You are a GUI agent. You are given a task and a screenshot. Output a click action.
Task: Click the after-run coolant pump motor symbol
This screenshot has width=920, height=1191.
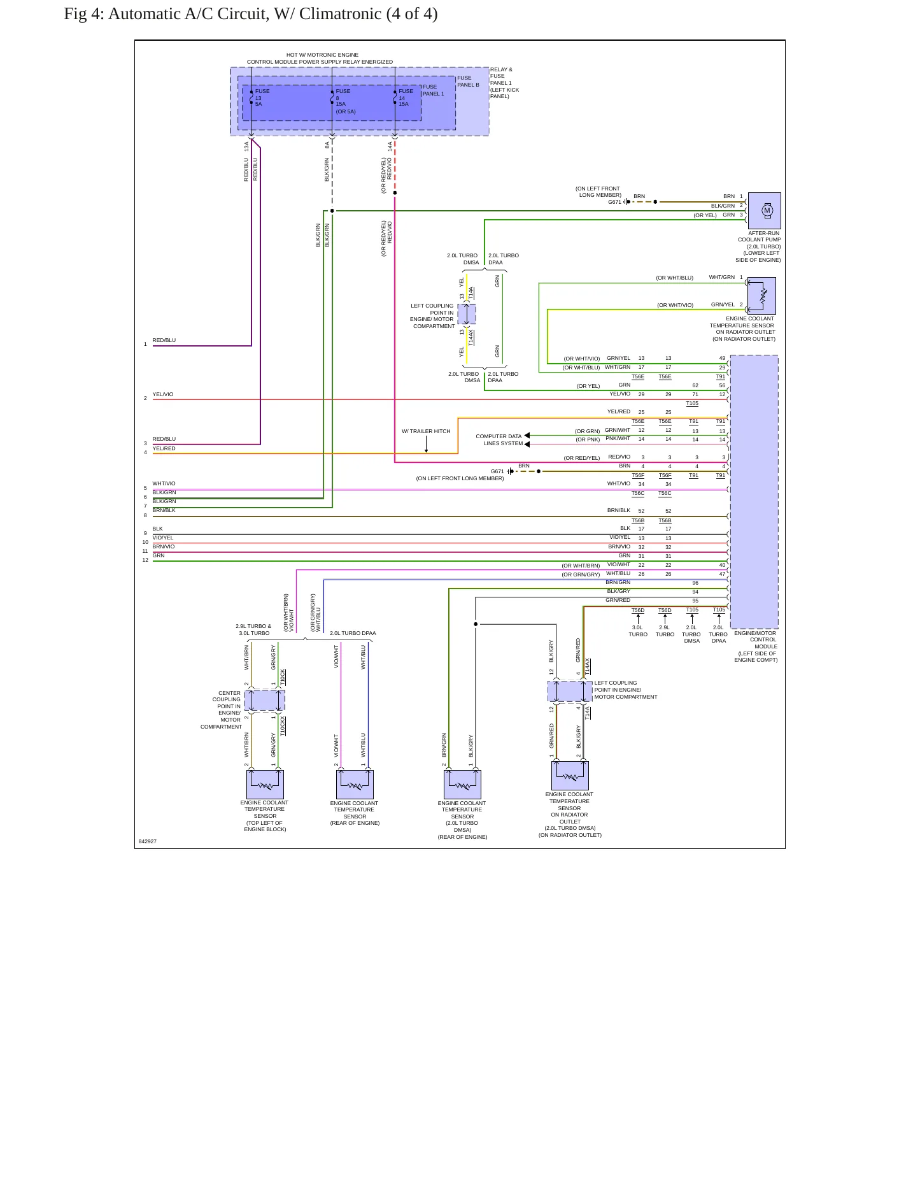click(x=764, y=210)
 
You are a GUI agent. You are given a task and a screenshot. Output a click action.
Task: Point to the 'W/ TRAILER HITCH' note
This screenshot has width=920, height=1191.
click(x=426, y=431)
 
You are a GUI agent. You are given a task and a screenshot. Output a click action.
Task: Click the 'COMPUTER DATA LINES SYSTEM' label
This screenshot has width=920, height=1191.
click(x=499, y=440)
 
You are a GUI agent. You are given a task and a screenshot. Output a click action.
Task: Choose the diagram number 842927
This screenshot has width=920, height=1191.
click(x=148, y=841)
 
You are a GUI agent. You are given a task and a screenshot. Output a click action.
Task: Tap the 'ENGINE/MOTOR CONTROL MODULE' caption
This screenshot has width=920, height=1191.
click(x=756, y=646)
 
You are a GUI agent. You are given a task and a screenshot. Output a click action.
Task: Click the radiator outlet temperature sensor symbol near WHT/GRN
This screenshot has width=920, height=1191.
click(x=761, y=296)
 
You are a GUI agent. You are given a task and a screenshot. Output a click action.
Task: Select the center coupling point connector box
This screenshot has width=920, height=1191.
click(x=265, y=701)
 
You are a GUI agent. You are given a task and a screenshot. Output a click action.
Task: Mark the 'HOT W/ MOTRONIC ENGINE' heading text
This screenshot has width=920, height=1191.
click(x=322, y=55)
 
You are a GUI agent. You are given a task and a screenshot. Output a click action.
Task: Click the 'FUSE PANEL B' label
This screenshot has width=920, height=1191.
click(x=468, y=82)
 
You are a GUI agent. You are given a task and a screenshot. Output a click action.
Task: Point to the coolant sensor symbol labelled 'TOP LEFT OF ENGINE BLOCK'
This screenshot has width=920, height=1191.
click(x=265, y=784)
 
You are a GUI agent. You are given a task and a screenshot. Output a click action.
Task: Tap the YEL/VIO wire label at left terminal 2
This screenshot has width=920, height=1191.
click(x=163, y=394)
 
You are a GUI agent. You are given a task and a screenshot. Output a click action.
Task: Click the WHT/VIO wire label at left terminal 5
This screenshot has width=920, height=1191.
click(x=164, y=483)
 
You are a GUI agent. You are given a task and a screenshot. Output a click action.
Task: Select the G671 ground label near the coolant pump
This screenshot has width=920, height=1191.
click(x=614, y=202)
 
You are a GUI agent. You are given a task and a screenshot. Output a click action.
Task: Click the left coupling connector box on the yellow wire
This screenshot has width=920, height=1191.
click(x=467, y=314)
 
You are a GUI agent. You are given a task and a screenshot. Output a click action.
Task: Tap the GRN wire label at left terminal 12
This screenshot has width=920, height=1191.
click(x=159, y=555)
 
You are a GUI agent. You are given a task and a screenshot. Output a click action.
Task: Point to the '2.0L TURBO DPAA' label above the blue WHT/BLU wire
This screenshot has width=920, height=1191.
click(x=353, y=633)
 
